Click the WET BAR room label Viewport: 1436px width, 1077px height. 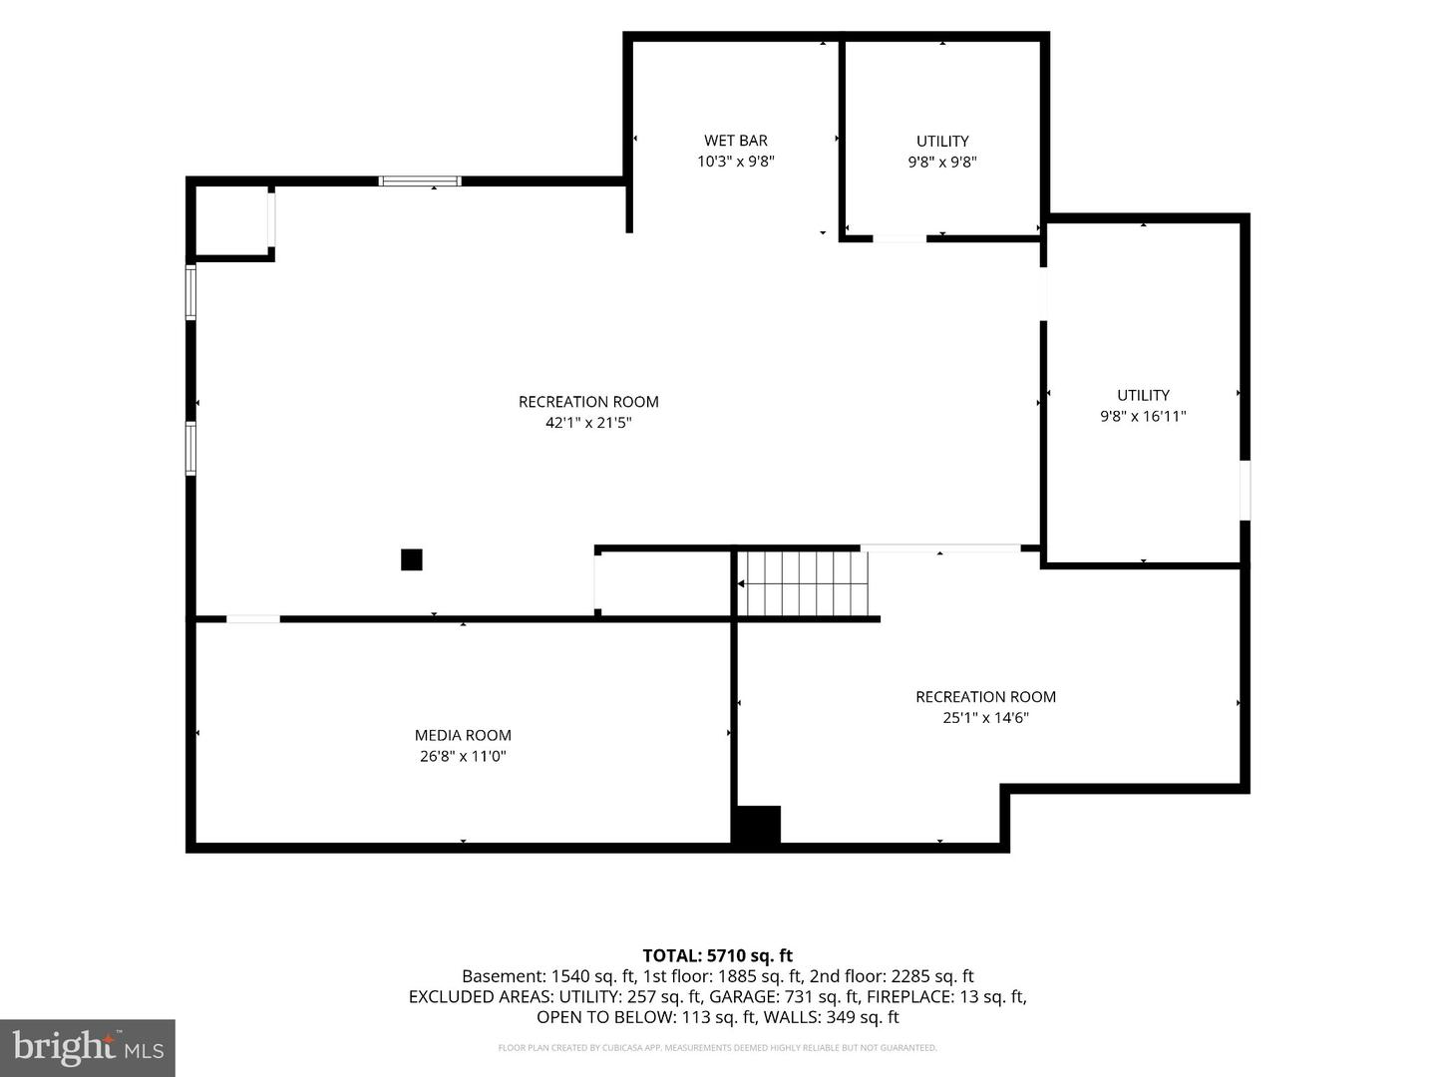click(x=735, y=140)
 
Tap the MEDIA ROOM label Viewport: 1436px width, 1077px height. click(x=463, y=735)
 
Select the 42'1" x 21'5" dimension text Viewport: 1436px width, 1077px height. click(x=588, y=423)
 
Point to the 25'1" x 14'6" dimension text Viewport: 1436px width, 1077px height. click(x=985, y=717)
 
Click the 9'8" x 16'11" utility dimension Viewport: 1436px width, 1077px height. click(x=1142, y=416)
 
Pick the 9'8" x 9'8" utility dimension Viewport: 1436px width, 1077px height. click(x=942, y=162)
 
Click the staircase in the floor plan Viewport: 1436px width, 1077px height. click(x=803, y=583)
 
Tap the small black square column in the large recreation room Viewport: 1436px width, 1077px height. click(x=412, y=559)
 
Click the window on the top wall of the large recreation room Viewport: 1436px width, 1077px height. click(x=420, y=181)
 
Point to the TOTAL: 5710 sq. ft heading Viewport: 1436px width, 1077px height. click(x=718, y=955)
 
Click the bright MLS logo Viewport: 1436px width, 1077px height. click(x=88, y=1047)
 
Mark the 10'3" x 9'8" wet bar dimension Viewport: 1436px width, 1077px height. click(x=735, y=161)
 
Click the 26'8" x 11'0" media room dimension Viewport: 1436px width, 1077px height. click(x=463, y=756)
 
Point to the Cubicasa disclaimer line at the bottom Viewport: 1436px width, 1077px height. click(x=717, y=1047)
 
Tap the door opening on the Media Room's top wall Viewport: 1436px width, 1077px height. click(x=253, y=618)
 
